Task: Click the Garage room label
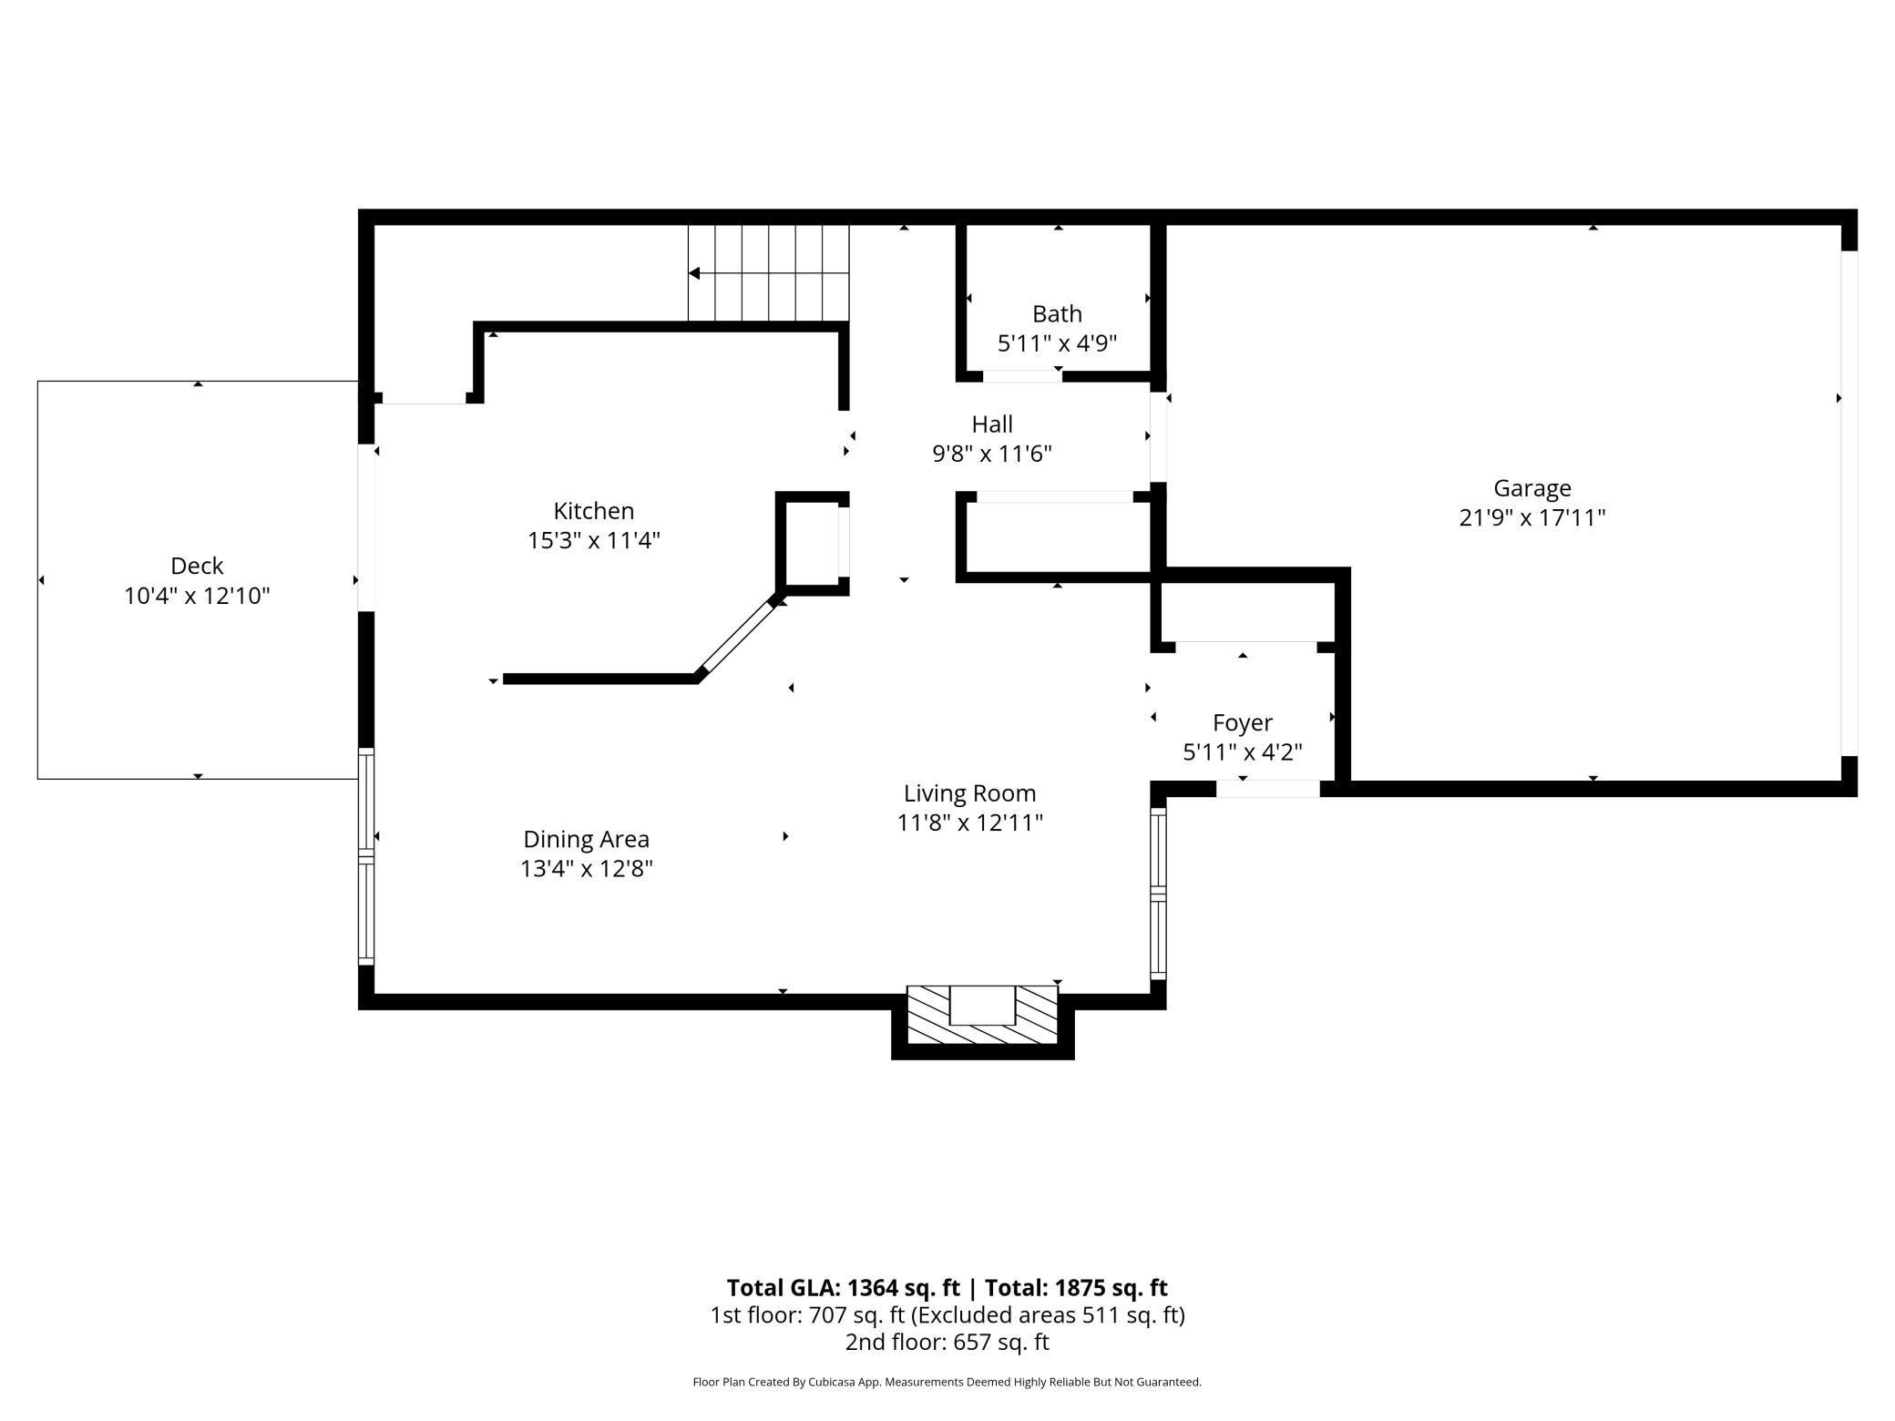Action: [x=1531, y=489]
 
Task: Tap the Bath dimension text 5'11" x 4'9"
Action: [x=1057, y=343]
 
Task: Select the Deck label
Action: [x=197, y=566]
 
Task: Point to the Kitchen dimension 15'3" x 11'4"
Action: [x=593, y=540]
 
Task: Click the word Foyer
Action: [x=1242, y=723]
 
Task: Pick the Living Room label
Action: [x=969, y=793]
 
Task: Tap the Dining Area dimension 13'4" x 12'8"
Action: [x=586, y=868]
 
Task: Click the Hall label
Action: [x=991, y=424]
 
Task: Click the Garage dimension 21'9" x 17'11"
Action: [x=1531, y=518]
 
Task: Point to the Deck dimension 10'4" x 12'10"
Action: [x=197, y=596]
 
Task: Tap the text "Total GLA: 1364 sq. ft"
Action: [x=843, y=1287]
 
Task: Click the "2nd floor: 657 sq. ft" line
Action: [x=947, y=1342]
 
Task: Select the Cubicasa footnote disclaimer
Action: [x=947, y=1382]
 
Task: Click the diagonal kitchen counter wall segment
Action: [x=736, y=638]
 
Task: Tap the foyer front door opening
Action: [x=1268, y=789]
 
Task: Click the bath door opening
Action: [x=1022, y=376]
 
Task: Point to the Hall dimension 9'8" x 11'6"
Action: [x=991, y=454]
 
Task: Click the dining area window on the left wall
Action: [x=365, y=856]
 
